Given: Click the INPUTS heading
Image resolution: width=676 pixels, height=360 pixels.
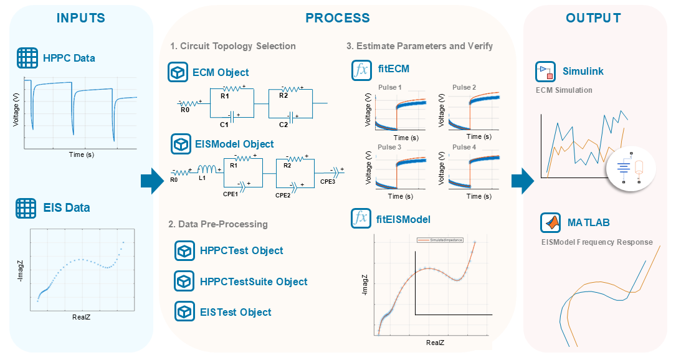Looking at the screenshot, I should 81,18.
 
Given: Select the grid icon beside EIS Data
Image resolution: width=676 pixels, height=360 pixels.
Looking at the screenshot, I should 27,207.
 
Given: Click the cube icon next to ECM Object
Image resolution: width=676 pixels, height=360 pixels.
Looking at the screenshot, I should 179,72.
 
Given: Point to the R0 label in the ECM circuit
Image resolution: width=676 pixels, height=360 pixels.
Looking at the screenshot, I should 185,110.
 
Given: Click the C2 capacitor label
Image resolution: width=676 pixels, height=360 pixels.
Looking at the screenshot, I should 283,125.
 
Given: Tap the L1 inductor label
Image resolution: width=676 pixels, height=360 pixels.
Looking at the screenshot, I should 202,179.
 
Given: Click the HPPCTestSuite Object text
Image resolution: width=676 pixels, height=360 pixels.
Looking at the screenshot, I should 254,282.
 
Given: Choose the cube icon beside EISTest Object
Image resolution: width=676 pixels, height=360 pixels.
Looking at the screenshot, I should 185,312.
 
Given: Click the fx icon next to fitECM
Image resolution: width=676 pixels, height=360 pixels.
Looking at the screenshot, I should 361,69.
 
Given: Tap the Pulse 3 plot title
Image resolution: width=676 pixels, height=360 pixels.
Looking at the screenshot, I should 389,148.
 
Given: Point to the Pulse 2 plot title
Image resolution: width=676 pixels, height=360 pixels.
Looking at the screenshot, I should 464,87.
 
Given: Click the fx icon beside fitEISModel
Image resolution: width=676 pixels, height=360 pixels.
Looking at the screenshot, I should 361,219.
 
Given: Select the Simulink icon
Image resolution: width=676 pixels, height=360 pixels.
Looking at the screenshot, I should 545,72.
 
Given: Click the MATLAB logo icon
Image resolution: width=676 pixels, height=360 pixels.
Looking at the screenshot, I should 550,222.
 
